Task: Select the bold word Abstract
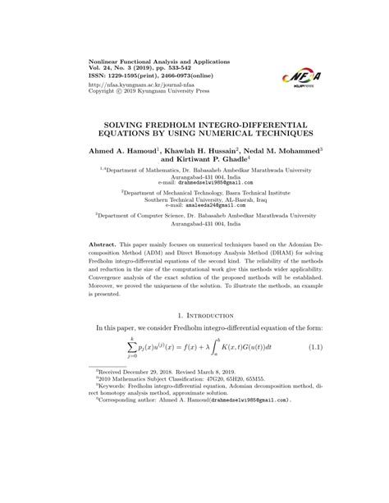pos(104,245)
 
